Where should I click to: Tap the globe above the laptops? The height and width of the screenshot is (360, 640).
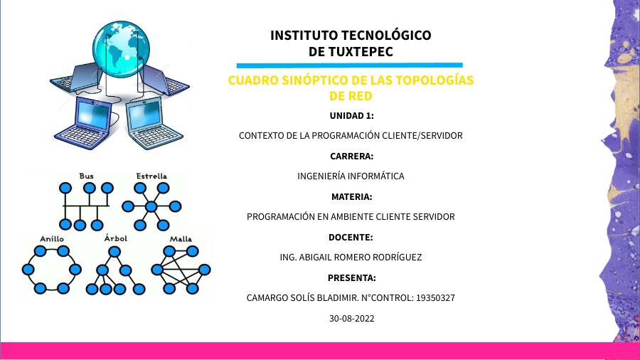point(121,49)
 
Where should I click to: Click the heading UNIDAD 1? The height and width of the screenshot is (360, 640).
point(351,116)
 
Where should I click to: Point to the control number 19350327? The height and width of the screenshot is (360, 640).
point(435,298)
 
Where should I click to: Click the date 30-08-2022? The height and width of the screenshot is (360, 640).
point(351,318)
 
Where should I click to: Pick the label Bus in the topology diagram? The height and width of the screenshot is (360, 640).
point(87,176)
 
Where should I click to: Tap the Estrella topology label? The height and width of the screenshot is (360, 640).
point(151,176)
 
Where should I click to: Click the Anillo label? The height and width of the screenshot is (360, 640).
point(52,239)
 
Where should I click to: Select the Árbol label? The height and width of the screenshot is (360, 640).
point(115,238)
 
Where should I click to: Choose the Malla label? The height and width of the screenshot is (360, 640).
point(181,239)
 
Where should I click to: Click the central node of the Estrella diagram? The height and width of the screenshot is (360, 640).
point(151,207)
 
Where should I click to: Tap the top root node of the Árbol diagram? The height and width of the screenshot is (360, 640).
point(114,252)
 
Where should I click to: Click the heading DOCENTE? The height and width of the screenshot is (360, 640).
point(351,237)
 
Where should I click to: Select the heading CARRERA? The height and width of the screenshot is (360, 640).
point(351,157)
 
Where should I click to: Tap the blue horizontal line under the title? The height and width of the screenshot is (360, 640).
point(349,65)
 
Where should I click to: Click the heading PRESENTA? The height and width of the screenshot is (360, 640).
point(351,278)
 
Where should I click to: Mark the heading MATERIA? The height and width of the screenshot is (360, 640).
point(351,197)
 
